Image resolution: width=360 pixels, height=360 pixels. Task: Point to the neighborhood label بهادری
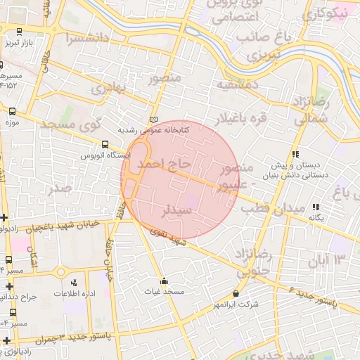107,89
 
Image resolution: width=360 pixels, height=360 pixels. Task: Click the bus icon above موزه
12,111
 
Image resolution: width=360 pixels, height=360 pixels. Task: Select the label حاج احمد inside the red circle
163,164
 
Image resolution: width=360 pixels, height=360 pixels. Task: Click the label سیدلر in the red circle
177,211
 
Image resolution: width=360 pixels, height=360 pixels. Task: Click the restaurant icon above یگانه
316,207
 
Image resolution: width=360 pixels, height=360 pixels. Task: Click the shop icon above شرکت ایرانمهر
235,293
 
